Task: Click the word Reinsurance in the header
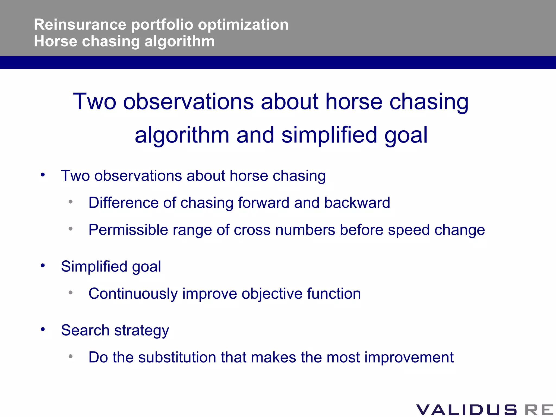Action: pos(80,25)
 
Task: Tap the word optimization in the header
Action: pos(243,25)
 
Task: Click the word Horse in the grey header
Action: pos(56,42)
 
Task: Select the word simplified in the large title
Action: pos(329,135)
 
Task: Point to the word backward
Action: pos(357,203)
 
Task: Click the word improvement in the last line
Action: pos(409,357)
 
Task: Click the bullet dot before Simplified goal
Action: pos(43,266)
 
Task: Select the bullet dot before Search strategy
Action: pos(43,329)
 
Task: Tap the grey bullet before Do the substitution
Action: pos(71,356)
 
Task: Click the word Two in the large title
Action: pos(95,102)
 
